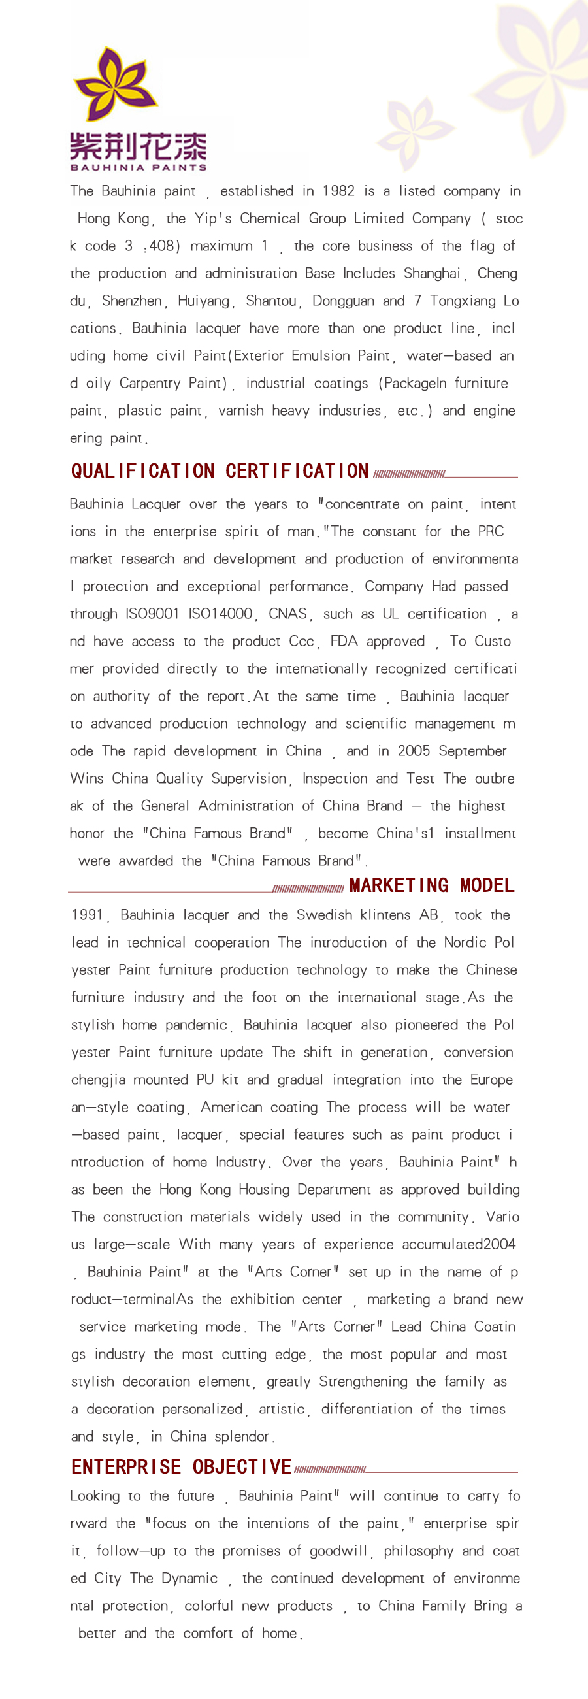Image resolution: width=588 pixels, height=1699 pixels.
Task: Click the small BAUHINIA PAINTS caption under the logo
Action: [x=138, y=167]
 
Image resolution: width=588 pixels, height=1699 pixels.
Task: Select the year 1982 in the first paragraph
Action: [x=338, y=191]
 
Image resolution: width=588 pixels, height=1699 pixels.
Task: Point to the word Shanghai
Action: [x=432, y=274]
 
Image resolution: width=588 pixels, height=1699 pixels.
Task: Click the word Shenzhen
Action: [x=131, y=301]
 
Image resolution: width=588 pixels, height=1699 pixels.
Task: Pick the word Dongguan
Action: [x=343, y=301]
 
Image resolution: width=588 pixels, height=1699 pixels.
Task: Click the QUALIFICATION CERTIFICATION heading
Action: [x=220, y=471]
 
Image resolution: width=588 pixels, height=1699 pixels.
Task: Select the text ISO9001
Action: [x=152, y=614]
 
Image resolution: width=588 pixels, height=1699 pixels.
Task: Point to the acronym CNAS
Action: [x=287, y=614]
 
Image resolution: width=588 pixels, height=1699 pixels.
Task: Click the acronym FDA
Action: [x=344, y=642]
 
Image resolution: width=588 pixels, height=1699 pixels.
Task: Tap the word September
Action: [x=472, y=751]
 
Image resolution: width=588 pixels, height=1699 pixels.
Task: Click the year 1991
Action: [x=87, y=915]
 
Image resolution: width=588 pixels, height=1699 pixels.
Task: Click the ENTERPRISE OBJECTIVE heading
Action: [x=181, y=1467]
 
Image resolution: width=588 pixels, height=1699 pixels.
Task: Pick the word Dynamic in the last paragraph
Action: [x=190, y=1578]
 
